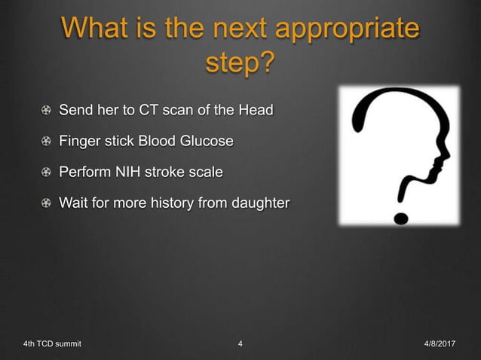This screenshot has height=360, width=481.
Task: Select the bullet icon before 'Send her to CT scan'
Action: point(47,111)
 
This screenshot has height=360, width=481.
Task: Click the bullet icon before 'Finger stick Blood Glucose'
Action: point(47,142)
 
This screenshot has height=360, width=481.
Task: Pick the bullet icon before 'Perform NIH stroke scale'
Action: point(47,172)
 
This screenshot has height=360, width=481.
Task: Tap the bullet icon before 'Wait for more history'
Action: point(47,203)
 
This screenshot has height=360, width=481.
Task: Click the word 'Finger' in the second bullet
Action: point(79,142)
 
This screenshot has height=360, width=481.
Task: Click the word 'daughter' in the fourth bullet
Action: point(259,203)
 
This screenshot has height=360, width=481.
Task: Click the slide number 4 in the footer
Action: point(240,345)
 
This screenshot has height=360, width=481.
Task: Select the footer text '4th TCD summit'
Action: point(52,345)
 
